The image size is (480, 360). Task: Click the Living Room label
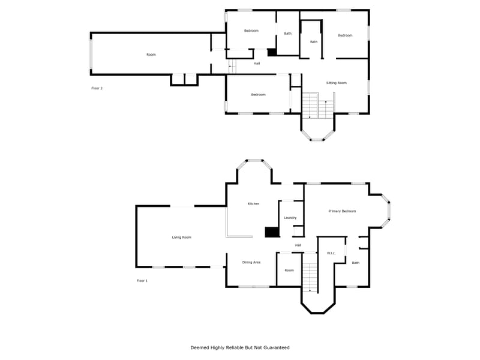point(182,238)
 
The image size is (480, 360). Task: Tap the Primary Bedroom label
point(342,211)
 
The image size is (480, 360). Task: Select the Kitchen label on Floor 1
point(254,204)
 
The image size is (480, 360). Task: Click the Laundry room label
point(290,218)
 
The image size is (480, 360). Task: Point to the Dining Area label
point(251,262)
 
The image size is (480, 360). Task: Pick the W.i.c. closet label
point(331,253)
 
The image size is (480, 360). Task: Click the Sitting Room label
point(336,83)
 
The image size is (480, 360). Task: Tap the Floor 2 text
point(97,88)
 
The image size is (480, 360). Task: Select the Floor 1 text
point(142,281)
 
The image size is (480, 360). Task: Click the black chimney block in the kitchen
point(272,232)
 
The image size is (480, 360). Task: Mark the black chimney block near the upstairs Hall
point(272,53)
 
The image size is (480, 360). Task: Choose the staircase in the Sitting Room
point(316,106)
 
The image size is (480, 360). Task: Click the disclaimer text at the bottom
point(240,347)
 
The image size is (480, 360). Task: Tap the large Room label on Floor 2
point(151,55)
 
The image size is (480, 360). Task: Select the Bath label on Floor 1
point(356,263)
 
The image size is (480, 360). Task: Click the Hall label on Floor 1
point(298,245)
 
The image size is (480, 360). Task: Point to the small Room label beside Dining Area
point(289,271)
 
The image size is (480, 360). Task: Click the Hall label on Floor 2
point(257,63)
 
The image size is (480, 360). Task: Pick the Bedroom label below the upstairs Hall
point(258,95)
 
